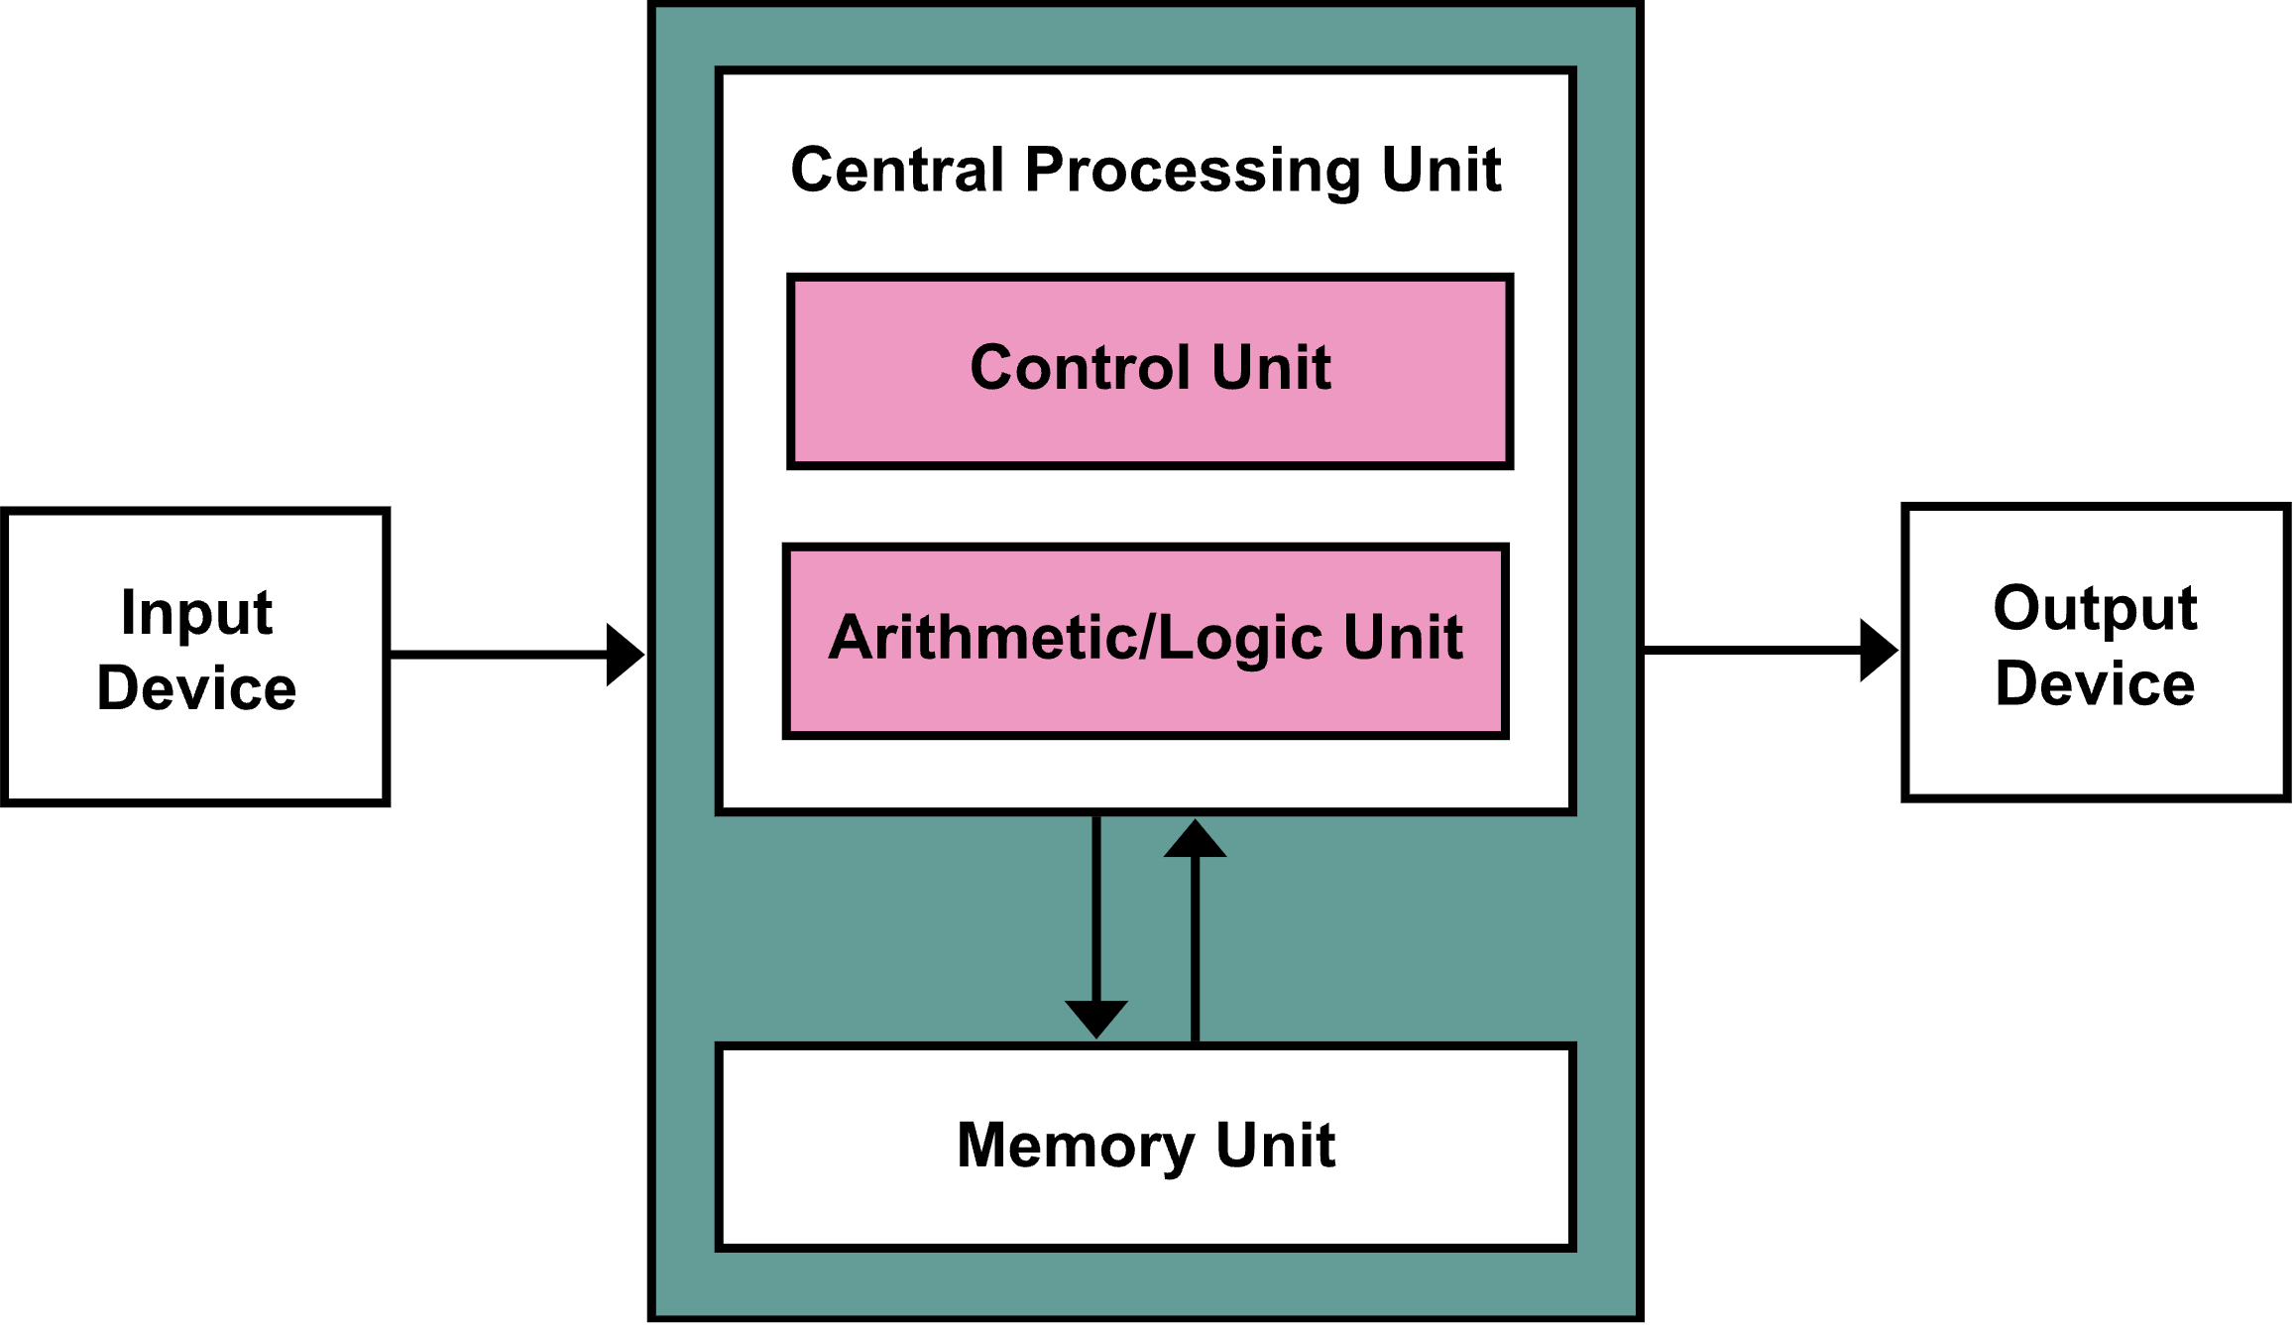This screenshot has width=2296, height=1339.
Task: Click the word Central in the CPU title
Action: click(x=897, y=170)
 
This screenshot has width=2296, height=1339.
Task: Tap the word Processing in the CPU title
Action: click(x=1194, y=172)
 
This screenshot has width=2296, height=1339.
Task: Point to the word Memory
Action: click(x=1076, y=1147)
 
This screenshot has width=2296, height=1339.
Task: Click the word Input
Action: click(x=196, y=614)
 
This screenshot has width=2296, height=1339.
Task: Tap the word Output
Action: click(x=2096, y=609)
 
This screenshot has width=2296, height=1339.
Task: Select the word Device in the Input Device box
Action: click(x=196, y=687)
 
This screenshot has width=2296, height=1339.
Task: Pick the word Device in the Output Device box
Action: click(x=2096, y=683)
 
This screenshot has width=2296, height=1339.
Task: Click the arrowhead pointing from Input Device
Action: click(x=626, y=655)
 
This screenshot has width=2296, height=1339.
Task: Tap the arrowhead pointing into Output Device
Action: click(x=1879, y=651)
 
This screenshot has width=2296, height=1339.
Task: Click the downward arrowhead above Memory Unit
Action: click(x=1096, y=1020)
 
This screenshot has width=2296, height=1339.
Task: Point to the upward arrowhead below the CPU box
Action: click(x=1195, y=838)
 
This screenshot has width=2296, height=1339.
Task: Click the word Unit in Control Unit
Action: click(x=1271, y=367)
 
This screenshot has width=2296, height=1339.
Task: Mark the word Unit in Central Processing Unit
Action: click(x=1441, y=170)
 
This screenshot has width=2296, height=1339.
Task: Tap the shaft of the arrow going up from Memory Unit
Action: click(x=1195, y=949)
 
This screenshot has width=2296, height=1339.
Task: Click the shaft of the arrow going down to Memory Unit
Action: click(x=1096, y=909)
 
